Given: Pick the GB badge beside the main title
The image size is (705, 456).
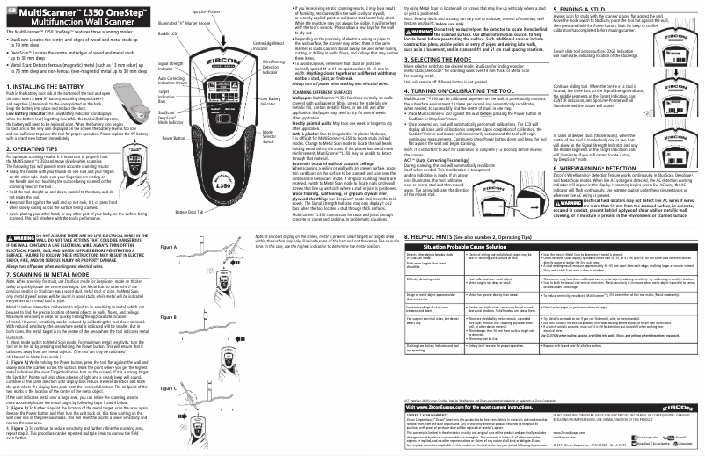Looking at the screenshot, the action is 9,9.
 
